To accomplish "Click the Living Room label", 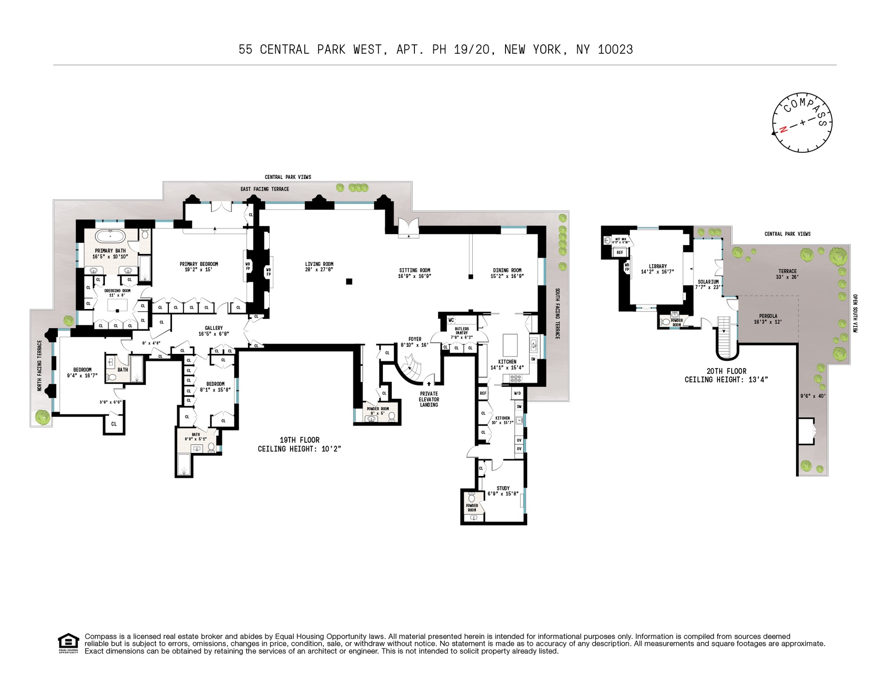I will pos(319,264).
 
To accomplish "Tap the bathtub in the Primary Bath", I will pos(110,236).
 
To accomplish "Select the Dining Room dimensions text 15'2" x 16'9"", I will pos(507,276).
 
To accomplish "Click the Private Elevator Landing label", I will pos(429,399).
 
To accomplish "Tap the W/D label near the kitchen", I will pos(517,394).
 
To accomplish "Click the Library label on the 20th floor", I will pos(658,266).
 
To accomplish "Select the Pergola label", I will pos(768,316).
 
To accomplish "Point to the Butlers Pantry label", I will pos(462,331).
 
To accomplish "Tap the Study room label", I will pos(503,488).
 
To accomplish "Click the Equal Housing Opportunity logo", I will pos(68,643).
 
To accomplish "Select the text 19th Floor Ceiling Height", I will pos(299,444).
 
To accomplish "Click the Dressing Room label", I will pos(117,290).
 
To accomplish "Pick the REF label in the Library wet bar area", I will pos(620,253).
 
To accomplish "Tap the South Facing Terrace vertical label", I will pos(557,314).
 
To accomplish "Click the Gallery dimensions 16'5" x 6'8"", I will pos(214,334).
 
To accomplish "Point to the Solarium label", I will pos(708,282).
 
